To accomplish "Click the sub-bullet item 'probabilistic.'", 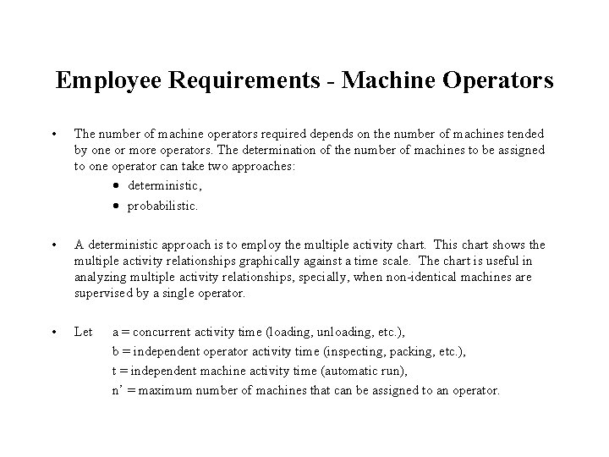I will point(162,206).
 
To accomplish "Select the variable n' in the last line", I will point(117,391).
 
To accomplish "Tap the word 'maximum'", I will point(167,391).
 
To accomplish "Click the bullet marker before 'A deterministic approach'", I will point(53,245).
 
